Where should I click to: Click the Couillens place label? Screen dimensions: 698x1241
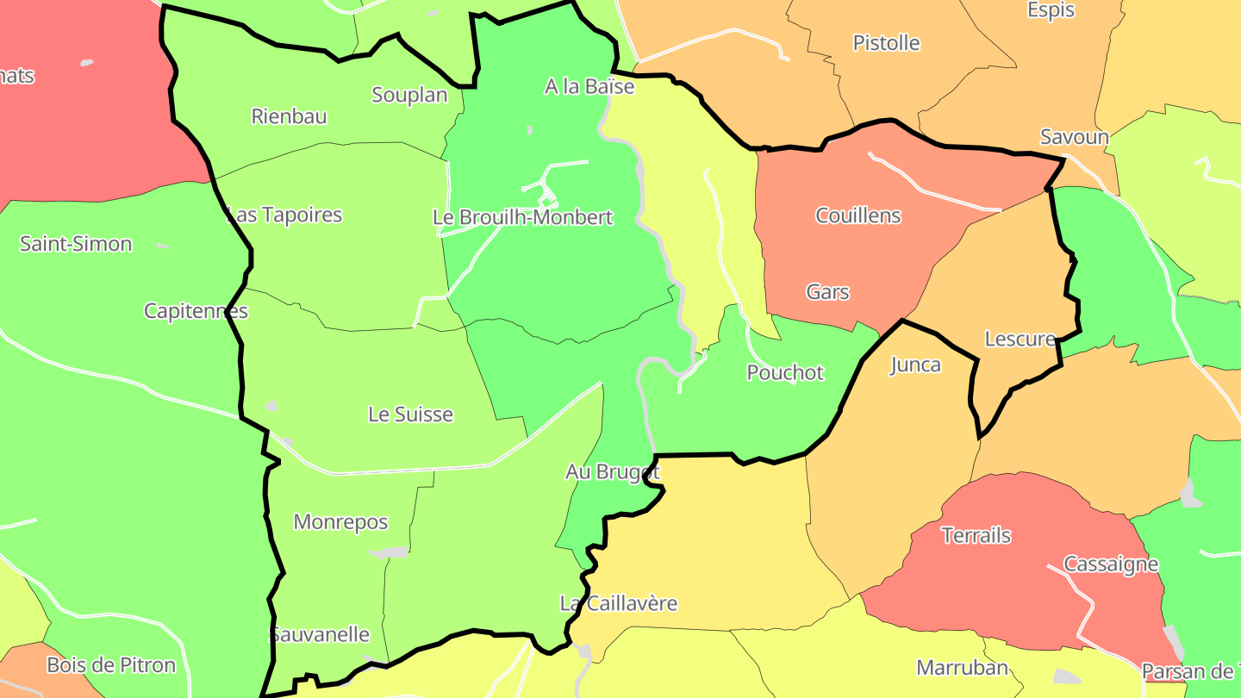(858, 215)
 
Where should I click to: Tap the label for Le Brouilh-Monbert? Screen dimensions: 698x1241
(523, 217)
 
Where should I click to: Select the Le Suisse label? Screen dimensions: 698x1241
(410, 414)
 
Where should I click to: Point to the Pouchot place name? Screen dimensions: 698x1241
(785, 372)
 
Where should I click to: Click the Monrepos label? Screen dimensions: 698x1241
(340, 522)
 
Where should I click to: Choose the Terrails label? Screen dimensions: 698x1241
(976, 535)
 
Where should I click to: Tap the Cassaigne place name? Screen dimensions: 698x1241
(1111, 564)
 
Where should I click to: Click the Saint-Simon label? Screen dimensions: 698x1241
(76, 244)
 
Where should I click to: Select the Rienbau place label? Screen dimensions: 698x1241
(289, 116)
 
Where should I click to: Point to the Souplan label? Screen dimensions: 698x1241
(409, 95)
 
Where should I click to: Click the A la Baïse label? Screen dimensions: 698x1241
(589, 86)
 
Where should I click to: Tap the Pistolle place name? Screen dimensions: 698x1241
(886, 43)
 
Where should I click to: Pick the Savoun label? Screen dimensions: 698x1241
(1074, 136)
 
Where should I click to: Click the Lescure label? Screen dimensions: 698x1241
(1020, 339)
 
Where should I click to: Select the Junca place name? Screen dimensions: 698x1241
(914, 365)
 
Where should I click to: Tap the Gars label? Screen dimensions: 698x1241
(827, 292)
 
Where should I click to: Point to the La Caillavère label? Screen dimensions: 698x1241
(619, 603)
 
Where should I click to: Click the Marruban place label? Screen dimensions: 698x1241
(962, 667)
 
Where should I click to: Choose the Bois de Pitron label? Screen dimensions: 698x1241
(111, 665)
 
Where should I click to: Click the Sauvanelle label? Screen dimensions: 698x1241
(320, 635)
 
